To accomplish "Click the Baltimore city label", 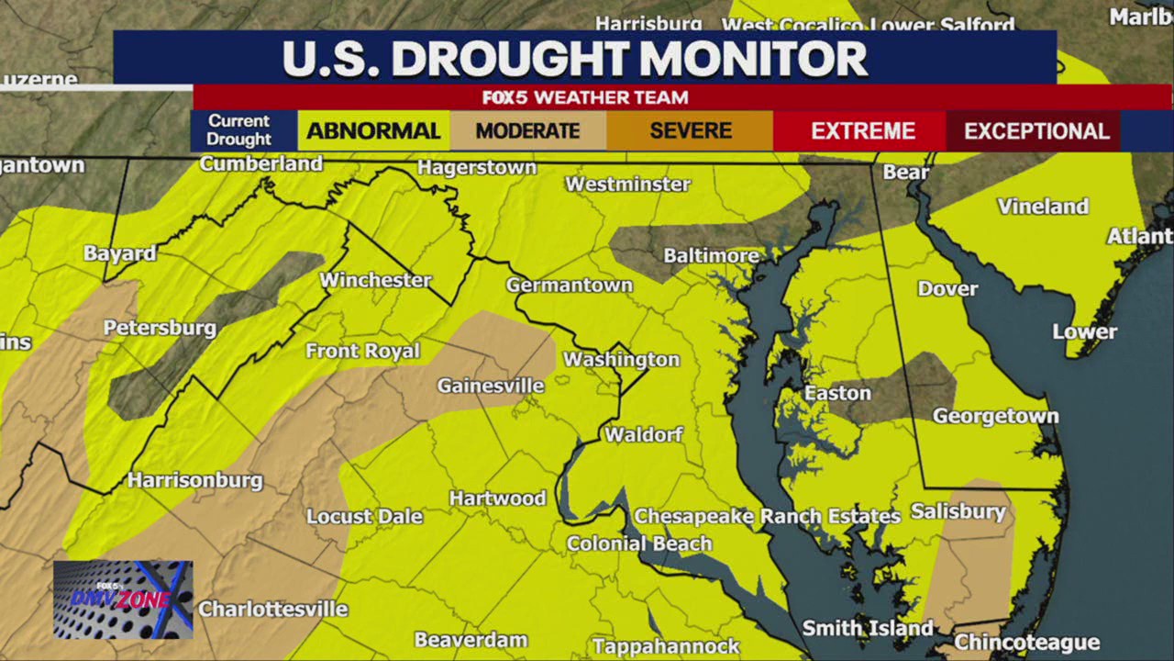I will pyautogui.click(x=711, y=255).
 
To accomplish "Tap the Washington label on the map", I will pyautogui.click(x=621, y=359).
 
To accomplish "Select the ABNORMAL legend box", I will pyautogui.click(x=373, y=131).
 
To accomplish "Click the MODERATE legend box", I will pyautogui.click(x=527, y=131).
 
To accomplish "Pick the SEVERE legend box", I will pyautogui.click(x=690, y=131).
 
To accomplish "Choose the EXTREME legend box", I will pyautogui.click(x=862, y=131).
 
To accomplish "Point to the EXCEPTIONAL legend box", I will pyautogui.click(x=1036, y=131).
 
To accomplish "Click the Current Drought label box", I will pyautogui.click(x=238, y=130).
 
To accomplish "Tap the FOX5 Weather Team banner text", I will pyautogui.click(x=585, y=97).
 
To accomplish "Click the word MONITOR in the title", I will pyautogui.click(x=753, y=60).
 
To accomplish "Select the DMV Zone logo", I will pyautogui.click(x=123, y=599).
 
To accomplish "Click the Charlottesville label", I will pyautogui.click(x=272, y=609).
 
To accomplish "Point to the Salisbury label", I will pyautogui.click(x=958, y=511).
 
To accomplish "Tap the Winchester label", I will pyautogui.click(x=375, y=280).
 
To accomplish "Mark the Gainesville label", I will pyautogui.click(x=490, y=386).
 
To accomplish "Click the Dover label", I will pyautogui.click(x=947, y=288).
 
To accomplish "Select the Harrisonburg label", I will pyautogui.click(x=194, y=480).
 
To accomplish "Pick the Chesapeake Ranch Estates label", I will pyautogui.click(x=767, y=516).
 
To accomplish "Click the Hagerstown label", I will pyautogui.click(x=477, y=167).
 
